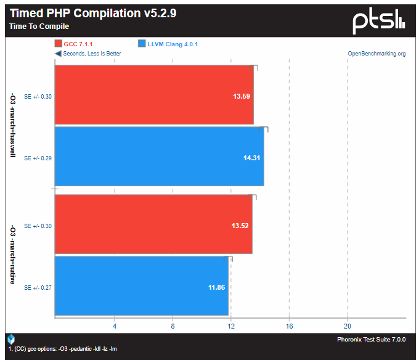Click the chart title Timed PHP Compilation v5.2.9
[x=93, y=13]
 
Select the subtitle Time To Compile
[x=39, y=27]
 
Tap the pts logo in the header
[x=379, y=21]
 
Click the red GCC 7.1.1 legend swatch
[x=59, y=44]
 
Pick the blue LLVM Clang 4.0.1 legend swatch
[x=142, y=44]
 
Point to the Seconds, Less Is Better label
[x=92, y=54]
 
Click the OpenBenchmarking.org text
[x=376, y=54]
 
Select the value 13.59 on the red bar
[x=242, y=96]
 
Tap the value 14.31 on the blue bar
[x=252, y=158]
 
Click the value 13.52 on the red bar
[x=240, y=226]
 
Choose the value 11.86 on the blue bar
[x=216, y=288]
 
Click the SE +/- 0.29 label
[x=38, y=158]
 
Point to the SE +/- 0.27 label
[x=38, y=288]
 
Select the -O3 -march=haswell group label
[x=13, y=125]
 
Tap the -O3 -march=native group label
[x=13, y=255]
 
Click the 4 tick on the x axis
[x=115, y=326]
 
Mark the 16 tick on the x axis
[x=289, y=326]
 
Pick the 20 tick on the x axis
[x=348, y=326]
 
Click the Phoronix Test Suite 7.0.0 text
[x=372, y=340]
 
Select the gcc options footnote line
[x=62, y=349]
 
